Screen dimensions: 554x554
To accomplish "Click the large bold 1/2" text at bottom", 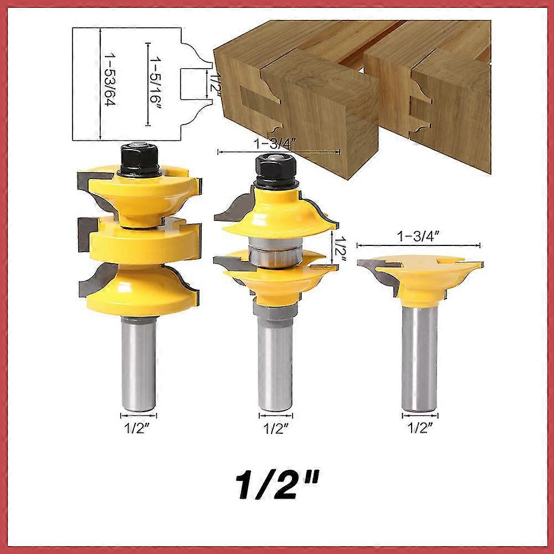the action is tap(276, 484).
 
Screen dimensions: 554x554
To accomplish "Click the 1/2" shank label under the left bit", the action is tap(137, 429).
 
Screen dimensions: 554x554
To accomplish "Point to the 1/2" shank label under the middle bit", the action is tap(276, 429).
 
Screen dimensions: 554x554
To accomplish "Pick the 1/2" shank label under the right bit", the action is tap(420, 428).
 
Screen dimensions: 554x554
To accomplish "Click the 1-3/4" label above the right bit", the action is tap(419, 237).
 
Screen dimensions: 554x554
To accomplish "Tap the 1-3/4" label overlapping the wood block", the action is tap(275, 144).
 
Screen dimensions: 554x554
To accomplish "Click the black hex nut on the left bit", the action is tap(139, 158).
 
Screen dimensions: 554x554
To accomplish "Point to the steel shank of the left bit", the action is tap(138, 365).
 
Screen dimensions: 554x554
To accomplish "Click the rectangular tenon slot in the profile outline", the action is tap(193, 84).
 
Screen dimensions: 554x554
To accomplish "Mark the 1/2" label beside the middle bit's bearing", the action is tap(340, 249).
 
